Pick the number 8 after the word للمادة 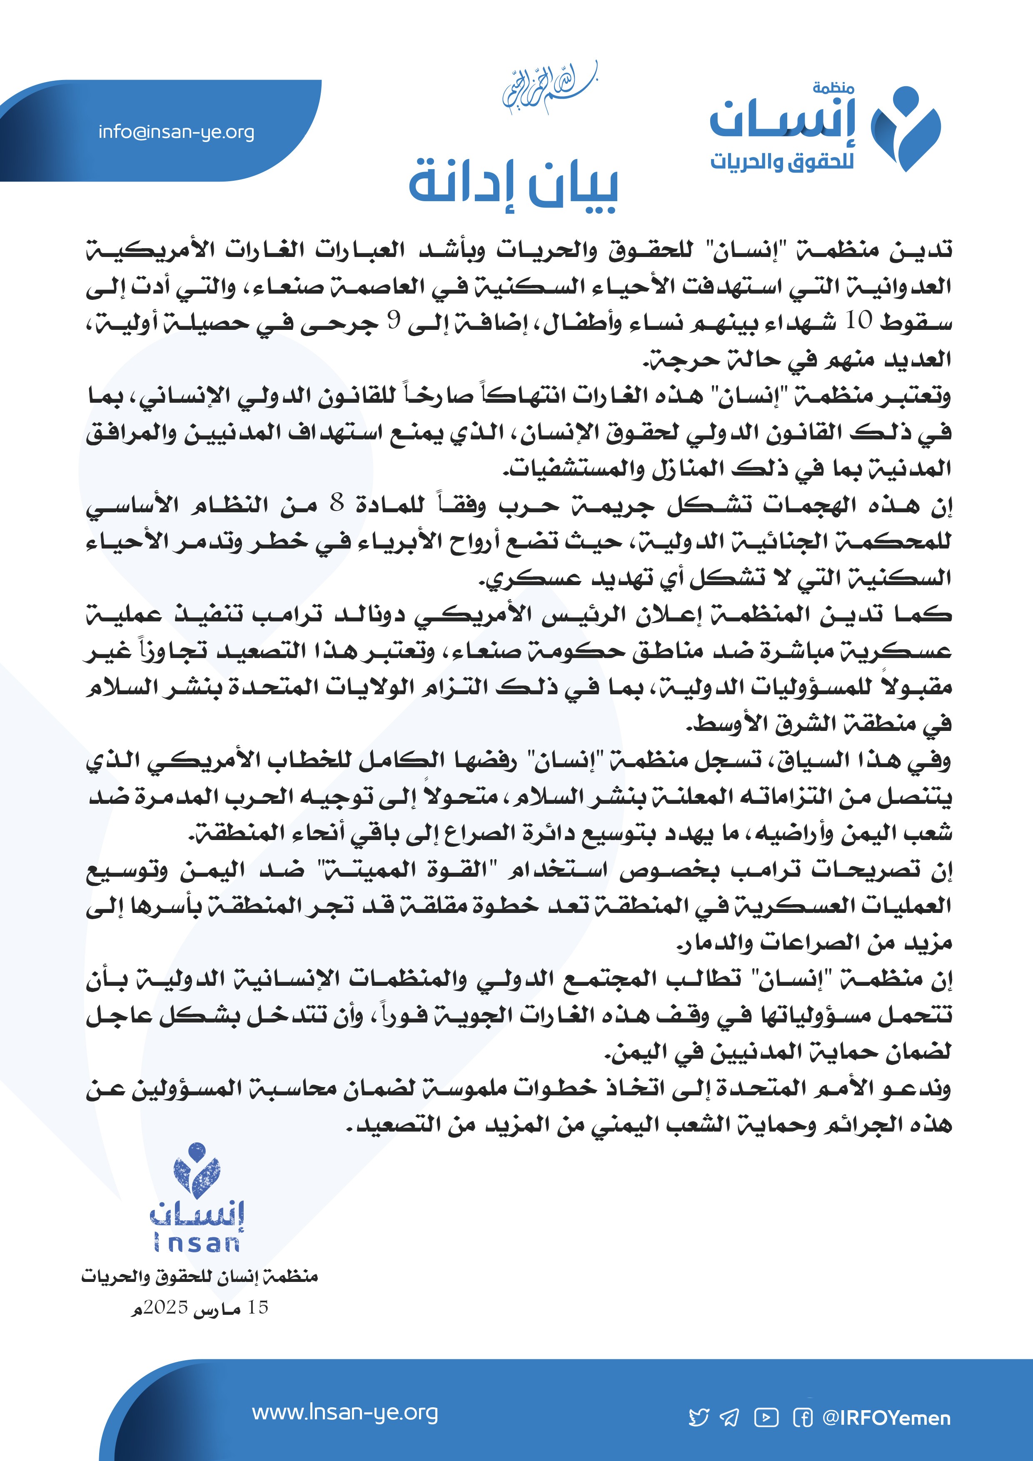pyautogui.click(x=337, y=504)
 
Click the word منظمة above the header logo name pyautogui.click(x=833, y=88)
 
